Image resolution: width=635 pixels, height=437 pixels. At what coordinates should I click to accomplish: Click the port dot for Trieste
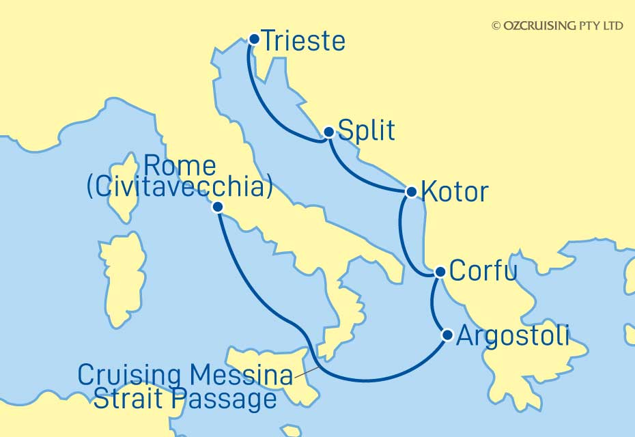[254, 40]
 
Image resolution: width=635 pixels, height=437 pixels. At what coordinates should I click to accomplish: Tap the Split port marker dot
[328, 132]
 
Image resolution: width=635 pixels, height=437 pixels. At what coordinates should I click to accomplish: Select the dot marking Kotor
[411, 192]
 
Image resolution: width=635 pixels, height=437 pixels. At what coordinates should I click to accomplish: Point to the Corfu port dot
[440, 272]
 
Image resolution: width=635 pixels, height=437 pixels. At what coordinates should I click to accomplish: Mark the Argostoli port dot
[448, 335]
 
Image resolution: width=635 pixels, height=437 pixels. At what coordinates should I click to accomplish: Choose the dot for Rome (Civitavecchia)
[217, 207]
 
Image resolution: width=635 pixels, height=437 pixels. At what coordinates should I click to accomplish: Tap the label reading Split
[367, 131]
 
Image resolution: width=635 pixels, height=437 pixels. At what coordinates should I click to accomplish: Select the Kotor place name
[455, 193]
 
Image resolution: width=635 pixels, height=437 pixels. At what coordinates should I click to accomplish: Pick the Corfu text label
[482, 272]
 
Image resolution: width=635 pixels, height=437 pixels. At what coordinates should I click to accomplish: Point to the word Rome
[181, 166]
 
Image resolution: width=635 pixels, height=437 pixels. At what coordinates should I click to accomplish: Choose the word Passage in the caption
[229, 399]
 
